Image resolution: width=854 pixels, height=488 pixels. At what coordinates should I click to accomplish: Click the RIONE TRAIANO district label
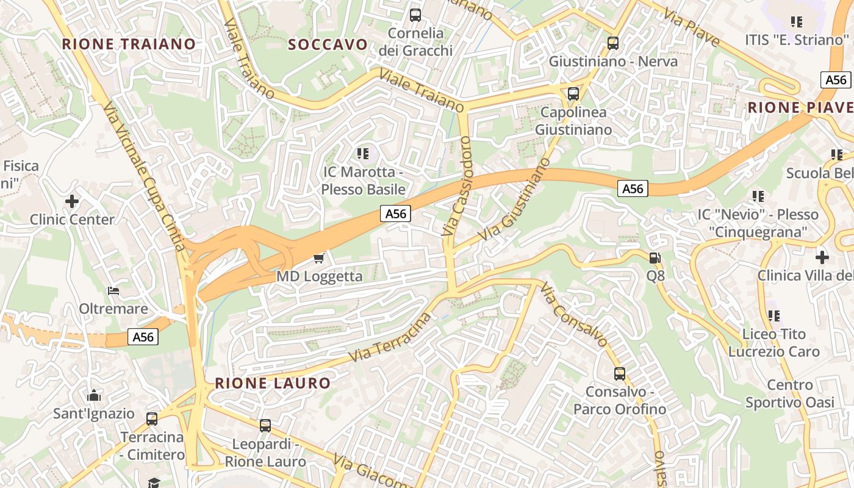click(129, 44)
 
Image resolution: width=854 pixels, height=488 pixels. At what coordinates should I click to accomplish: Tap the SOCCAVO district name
click(328, 45)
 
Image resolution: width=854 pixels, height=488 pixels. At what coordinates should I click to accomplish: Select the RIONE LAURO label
click(273, 383)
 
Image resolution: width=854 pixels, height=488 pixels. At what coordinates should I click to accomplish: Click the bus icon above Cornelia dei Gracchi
click(415, 15)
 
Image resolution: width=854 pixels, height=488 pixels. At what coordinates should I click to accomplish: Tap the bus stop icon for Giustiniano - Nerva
click(613, 43)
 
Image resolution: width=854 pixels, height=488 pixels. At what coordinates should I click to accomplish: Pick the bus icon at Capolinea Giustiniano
click(573, 94)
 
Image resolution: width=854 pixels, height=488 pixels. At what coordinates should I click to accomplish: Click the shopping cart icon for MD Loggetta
click(318, 259)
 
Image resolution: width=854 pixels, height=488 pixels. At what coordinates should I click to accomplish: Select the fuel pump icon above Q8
click(655, 258)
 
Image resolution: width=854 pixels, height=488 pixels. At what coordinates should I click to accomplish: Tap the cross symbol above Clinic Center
click(72, 201)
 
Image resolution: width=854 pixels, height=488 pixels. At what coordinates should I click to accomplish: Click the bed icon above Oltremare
click(113, 290)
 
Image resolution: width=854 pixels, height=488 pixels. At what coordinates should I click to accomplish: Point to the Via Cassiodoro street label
click(457, 186)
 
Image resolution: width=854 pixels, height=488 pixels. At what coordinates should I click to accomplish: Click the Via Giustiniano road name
click(514, 200)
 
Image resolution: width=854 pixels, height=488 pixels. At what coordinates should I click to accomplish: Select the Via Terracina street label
click(389, 337)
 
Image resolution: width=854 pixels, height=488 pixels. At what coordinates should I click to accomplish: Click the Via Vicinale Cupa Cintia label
click(144, 176)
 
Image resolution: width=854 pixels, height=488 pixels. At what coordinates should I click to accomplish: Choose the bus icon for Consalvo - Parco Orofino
click(620, 374)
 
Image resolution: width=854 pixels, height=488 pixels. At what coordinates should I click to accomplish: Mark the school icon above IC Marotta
click(364, 153)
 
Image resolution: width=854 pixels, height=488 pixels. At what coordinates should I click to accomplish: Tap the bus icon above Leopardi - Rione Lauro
click(265, 426)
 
